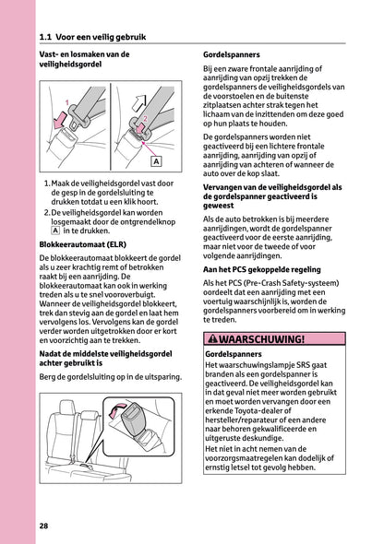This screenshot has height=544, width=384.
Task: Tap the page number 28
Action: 44,526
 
